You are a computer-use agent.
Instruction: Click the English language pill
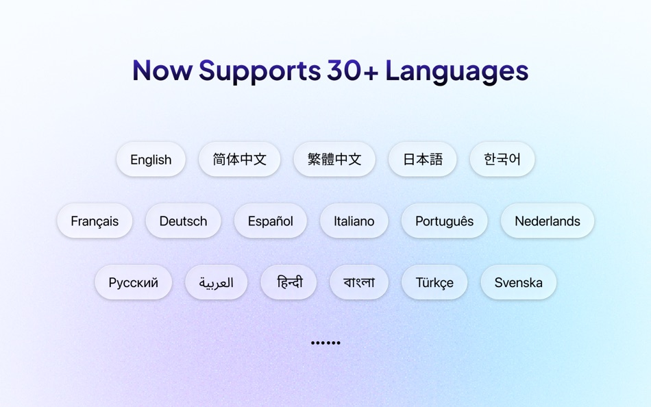click(x=151, y=160)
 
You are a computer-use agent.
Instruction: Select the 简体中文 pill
click(x=239, y=160)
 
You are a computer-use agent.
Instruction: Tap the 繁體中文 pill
click(x=334, y=160)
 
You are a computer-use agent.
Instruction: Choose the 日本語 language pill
click(x=422, y=160)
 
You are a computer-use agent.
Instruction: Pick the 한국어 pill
click(x=502, y=160)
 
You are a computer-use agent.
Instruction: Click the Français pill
click(x=95, y=221)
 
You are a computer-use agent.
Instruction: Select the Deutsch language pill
click(x=183, y=221)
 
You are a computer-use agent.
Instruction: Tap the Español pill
click(x=270, y=221)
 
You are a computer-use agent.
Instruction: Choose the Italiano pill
click(x=354, y=221)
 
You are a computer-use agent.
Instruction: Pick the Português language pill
click(x=444, y=221)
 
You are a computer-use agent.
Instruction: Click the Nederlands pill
click(x=547, y=221)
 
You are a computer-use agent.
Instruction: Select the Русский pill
click(x=133, y=283)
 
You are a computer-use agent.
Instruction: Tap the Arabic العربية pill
click(x=216, y=283)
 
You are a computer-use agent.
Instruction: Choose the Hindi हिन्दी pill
click(x=288, y=283)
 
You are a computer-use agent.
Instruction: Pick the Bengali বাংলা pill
click(x=359, y=283)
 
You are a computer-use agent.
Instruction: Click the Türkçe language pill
click(x=434, y=283)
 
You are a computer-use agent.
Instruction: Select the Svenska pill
click(x=518, y=283)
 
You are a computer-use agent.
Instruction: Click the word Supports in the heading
click(x=260, y=71)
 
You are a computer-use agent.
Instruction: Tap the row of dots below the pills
click(x=325, y=343)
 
